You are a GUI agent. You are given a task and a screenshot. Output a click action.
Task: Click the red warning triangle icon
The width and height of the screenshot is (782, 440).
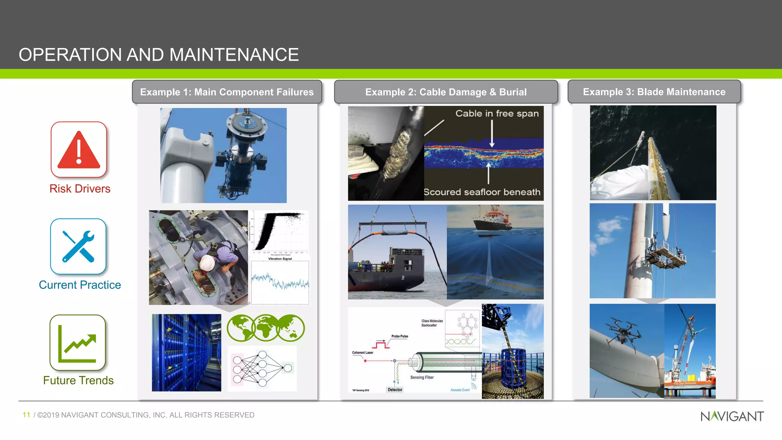(79, 150)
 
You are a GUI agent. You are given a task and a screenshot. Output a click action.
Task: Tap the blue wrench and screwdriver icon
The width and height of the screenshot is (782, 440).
(78, 246)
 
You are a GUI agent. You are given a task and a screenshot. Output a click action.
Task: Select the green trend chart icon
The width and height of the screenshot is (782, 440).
(78, 343)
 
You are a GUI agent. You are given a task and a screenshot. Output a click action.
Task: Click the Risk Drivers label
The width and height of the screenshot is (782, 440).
(80, 189)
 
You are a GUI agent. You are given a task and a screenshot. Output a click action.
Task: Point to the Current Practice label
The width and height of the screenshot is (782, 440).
(80, 285)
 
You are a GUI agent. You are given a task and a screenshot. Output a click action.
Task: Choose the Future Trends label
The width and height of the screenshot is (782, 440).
(78, 380)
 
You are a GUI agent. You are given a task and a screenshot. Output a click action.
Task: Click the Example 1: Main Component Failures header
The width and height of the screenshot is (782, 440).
(227, 92)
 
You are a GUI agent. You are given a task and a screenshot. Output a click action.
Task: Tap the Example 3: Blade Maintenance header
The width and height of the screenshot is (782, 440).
(654, 92)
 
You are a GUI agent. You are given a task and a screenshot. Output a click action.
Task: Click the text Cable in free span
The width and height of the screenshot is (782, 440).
(497, 113)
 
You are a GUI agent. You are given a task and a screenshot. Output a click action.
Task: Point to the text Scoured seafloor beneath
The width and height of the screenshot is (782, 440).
(482, 192)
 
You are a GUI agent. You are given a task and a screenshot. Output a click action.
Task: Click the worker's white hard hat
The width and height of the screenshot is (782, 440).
(207, 263)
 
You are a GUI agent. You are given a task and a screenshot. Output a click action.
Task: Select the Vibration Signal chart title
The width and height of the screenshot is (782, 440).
(280, 259)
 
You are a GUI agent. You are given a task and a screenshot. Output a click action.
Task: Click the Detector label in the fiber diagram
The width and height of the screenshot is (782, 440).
(395, 390)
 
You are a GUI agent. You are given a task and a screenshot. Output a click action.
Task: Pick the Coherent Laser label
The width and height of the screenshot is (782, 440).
(362, 353)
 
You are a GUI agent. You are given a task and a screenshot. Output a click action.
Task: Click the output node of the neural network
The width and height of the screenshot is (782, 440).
(288, 368)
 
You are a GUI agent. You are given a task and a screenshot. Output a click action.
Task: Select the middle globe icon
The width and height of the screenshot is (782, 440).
(266, 328)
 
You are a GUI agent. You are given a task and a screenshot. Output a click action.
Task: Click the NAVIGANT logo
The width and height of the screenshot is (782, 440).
(732, 416)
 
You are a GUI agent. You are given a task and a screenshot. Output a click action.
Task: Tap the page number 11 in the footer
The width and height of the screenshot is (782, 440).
(26, 415)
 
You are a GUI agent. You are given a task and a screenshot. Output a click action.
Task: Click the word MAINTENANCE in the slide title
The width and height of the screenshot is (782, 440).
(234, 55)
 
